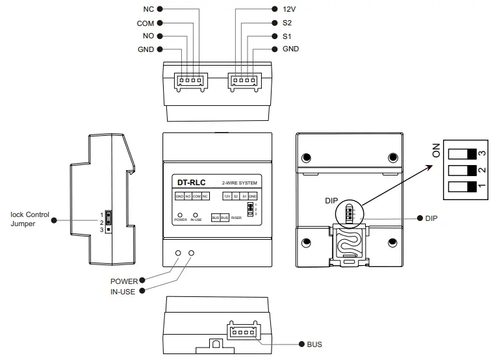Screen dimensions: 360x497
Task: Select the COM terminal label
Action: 145,23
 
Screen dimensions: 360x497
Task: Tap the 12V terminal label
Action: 289,10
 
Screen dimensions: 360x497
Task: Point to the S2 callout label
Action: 287,23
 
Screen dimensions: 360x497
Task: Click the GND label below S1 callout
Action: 290,49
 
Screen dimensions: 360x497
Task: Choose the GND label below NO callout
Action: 146,49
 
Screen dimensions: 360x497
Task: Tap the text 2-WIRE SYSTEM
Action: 240,183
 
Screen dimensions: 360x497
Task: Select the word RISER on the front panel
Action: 236,218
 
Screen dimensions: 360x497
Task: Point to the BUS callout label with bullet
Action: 314,344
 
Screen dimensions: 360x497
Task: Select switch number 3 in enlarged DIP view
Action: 462,153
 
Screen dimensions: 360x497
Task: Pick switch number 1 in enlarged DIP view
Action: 462,188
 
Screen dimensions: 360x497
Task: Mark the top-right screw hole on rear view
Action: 392,158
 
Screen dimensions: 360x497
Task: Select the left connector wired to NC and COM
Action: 188,81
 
